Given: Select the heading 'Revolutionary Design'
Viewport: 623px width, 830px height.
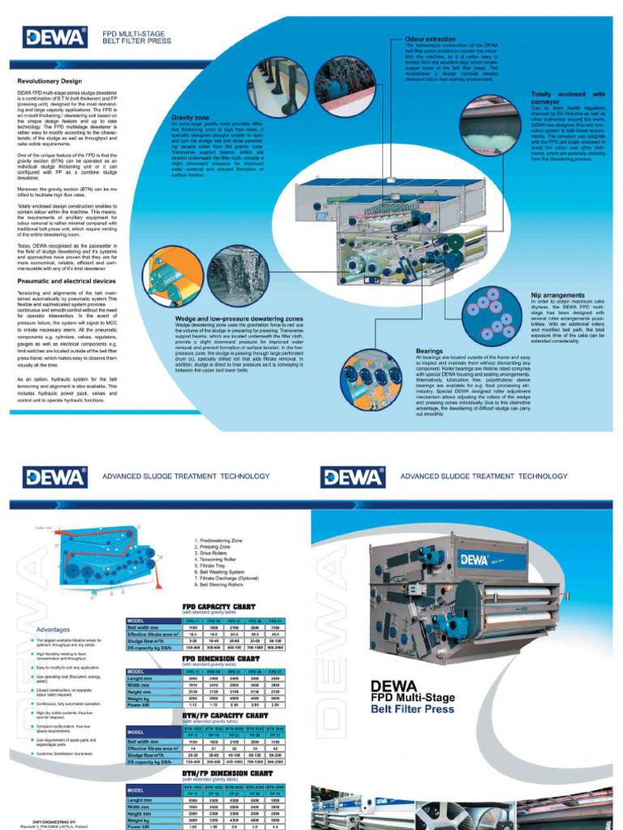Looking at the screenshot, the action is tap(49, 81).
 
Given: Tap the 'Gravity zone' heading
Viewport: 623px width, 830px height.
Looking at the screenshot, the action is tap(191, 118).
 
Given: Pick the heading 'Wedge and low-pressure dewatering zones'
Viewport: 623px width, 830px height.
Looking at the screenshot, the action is tap(240, 319).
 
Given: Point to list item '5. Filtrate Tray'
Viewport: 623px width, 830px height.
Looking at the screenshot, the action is tap(214, 566).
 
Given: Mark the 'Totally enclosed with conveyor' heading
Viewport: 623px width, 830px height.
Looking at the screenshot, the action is tap(568, 99).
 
